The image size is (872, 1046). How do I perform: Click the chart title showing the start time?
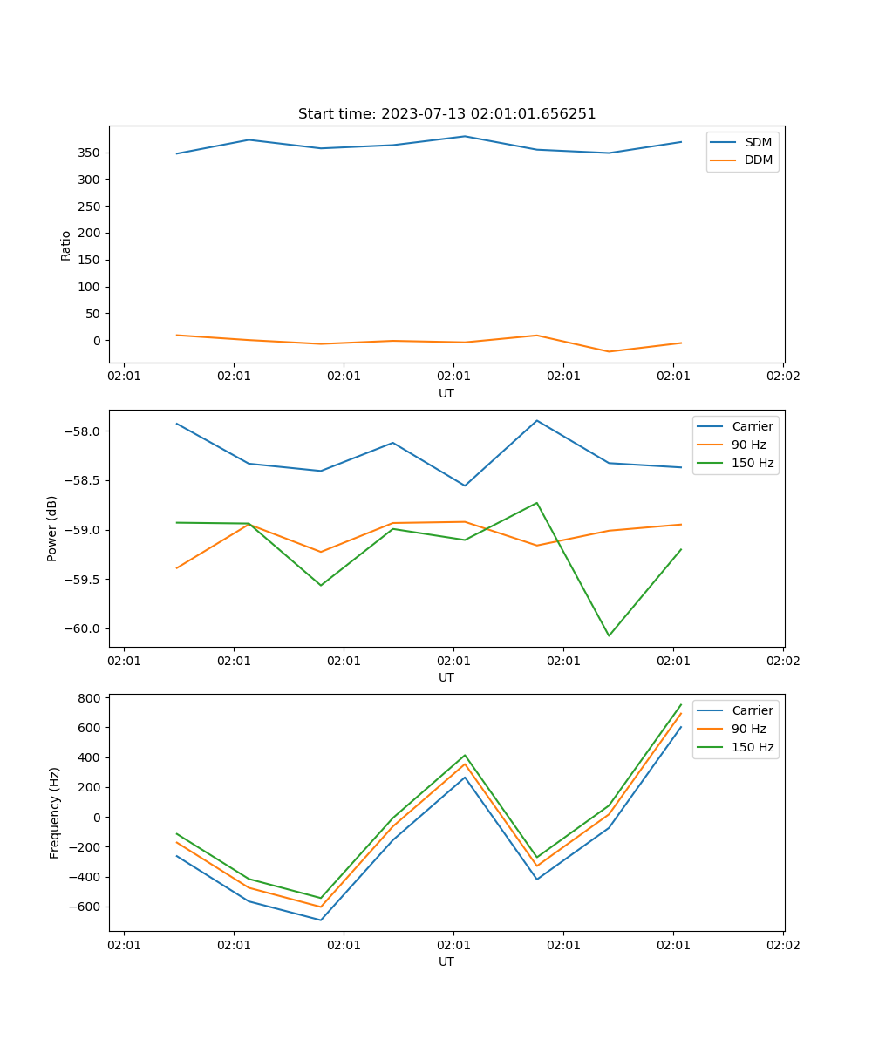[x=446, y=114]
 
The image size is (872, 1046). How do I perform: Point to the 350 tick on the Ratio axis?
[x=90, y=153]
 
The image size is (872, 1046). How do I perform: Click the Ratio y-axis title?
[x=65, y=245]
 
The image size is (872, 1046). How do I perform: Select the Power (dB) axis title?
[x=52, y=528]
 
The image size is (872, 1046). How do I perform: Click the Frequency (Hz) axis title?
[x=54, y=812]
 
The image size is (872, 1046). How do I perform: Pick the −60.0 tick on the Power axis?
[x=83, y=628]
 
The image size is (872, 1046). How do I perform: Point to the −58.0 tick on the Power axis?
[x=83, y=431]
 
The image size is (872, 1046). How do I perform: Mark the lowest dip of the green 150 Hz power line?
[x=609, y=635]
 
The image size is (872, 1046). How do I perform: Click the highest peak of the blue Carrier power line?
[x=537, y=420]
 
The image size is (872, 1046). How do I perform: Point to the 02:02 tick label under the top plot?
[x=783, y=377]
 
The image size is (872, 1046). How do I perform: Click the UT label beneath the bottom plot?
[x=446, y=961]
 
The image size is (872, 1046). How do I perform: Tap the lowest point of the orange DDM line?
[x=609, y=351]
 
